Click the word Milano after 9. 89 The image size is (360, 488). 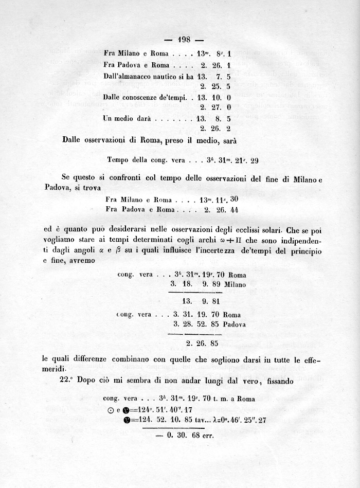click(234, 284)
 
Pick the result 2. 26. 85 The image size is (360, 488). click(203, 342)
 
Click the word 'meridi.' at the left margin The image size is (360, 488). click(56, 369)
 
